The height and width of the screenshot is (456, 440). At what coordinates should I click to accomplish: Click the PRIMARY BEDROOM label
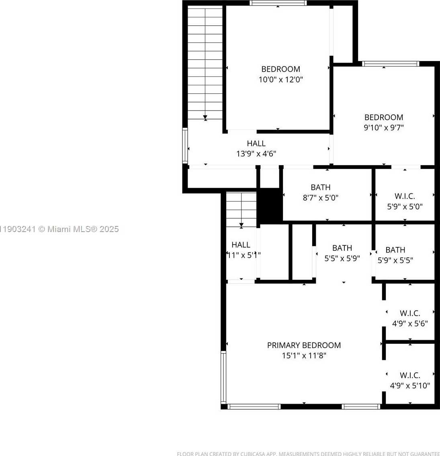pyautogui.click(x=304, y=345)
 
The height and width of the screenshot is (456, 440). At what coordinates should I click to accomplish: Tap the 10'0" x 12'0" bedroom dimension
pyautogui.click(x=280, y=80)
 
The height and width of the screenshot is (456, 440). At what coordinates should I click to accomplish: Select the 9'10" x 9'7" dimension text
pyautogui.click(x=383, y=128)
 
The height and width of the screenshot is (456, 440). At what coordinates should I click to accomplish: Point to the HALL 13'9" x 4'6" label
pyautogui.click(x=256, y=143)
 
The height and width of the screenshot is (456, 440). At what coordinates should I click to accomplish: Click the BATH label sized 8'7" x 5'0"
pyautogui.click(x=320, y=187)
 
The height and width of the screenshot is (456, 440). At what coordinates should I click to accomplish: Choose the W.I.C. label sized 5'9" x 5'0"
pyautogui.click(x=405, y=196)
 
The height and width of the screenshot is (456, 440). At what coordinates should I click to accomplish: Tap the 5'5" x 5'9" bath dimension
pyautogui.click(x=342, y=259)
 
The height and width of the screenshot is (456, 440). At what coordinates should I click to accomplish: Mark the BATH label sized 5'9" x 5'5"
pyautogui.click(x=395, y=250)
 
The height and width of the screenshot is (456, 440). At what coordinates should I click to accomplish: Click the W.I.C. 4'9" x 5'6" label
pyautogui.click(x=410, y=313)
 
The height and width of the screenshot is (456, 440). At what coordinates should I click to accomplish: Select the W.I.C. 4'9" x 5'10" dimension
pyautogui.click(x=410, y=386)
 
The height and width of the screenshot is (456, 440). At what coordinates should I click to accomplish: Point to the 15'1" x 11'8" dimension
pyautogui.click(x=304, y=355)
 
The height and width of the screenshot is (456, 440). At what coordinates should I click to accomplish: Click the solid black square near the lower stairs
pyautogui.click(x=270, y=205)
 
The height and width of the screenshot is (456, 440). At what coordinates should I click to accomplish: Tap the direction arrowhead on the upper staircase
pyautogui.click(x=205, y=117)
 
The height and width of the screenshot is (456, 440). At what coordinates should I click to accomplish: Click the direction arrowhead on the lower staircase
pyautogui.click(x=241, y=226)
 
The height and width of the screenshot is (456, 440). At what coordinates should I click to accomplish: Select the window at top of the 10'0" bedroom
pyautogui.click(x=278, y=3)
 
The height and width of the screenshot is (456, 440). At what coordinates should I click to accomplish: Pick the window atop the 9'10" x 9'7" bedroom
pyautogui.click(x=390, y=64)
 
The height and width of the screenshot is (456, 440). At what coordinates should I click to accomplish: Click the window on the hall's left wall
pyautogui.click(x=185, y=145)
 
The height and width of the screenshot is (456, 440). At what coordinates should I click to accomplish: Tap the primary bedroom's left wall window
pyautogui.click(x=223, y=377)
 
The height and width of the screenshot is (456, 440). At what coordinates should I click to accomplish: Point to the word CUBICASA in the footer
pyautogui.click(x=252, y=454)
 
